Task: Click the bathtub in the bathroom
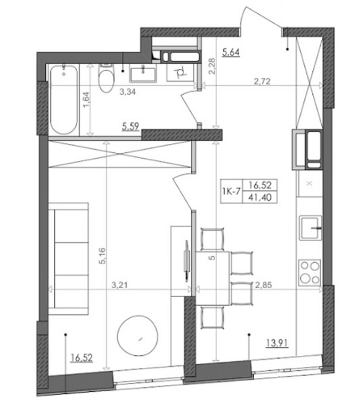coord(64,100)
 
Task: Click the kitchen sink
coord(311,228)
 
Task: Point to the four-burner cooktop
coord(310,273)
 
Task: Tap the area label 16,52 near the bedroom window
coord(81,357)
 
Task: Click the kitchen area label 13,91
coord(277,343)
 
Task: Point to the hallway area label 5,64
coord(231,53)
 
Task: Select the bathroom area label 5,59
coord(131,127)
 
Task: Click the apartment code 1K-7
coord(231,191)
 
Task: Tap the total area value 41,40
coord(260,197)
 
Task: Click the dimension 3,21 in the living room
coord(120,285)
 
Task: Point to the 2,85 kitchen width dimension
coord(264,285)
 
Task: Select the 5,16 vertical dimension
coord(102,256)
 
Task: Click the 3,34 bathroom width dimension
coord(127,92)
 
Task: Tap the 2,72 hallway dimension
coord(262,81)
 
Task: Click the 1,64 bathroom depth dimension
coord(86,100)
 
